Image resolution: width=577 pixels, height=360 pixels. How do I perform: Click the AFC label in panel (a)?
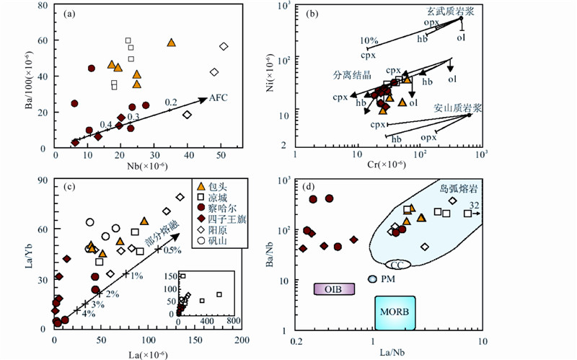pyautogui.click(x=219, y=98)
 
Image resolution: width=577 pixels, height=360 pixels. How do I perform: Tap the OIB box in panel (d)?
pyautogui.click(x=334, y=289)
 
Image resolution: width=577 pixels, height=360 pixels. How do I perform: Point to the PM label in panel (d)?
pyautogui.click(x=387, y=278)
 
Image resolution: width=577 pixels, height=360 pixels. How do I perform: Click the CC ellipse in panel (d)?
pyautogui.click(x=397, y=265)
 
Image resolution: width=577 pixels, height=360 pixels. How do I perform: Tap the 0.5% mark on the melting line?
pyautogui.click(x=171, y=250)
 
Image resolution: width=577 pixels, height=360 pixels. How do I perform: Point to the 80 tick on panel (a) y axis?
pyautogui.click(x=45, y=6)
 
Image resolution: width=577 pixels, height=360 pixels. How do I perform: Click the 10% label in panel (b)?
pyautogui.click(x=369, y=40)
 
